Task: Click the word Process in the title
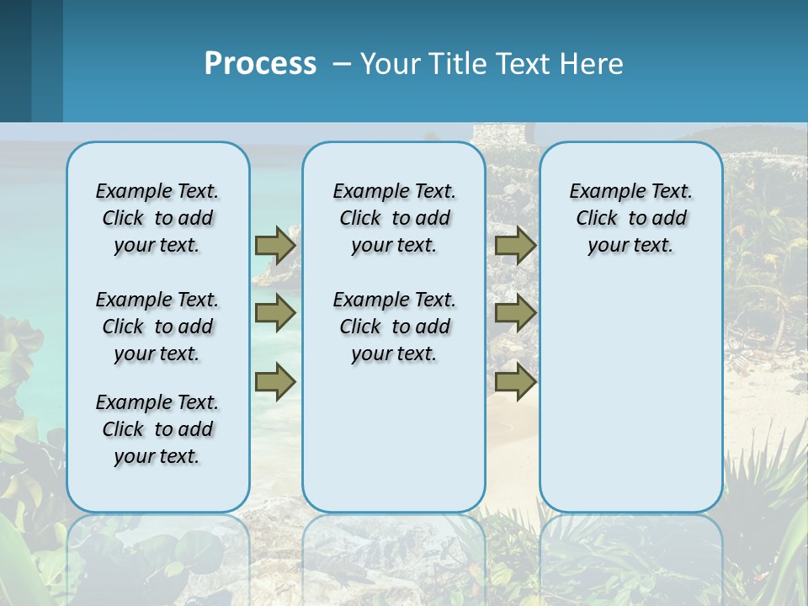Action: point(260,64)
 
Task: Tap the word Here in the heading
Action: point(593,64)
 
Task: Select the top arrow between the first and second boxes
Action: point(275,245)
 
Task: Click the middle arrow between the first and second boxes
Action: point(275,313)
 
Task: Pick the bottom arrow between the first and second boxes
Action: point(275,382)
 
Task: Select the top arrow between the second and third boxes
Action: point(515,245)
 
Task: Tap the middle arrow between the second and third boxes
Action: point(515,313)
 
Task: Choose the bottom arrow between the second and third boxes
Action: point(515,382)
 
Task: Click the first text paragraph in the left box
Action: point(157,218)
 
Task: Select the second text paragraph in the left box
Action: point(157,327)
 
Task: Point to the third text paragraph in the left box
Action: point(157,429)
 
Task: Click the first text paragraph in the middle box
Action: point(394,218)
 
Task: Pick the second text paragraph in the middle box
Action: point(394,327)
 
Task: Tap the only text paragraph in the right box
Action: point(631,218)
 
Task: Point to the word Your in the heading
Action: point(388,64)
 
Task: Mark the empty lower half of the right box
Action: point(631,404)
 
